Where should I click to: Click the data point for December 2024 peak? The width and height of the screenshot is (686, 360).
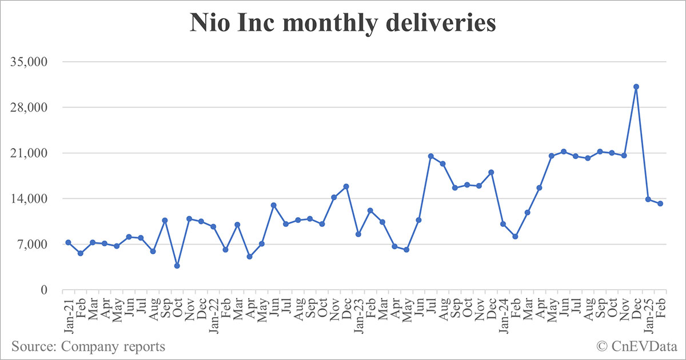tap(636, 87)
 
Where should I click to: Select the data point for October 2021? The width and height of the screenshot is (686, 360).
tap(177, 266)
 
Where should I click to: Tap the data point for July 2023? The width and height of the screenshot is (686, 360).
tap(430, 156)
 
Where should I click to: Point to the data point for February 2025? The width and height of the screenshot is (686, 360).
tap(660, 203)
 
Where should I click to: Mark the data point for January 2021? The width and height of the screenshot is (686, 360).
tap(69, 242)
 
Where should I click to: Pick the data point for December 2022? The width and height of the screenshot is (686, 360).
tap(346, 186)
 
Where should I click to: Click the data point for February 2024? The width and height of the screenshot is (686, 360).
tap(515, 236)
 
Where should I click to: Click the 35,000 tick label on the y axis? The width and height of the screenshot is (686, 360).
tap(31, 62)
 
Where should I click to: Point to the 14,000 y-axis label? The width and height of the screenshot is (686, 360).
tap(31, 199)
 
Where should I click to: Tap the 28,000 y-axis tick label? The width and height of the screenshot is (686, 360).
tap(31, 107)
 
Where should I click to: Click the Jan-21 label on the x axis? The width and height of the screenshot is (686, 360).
tap(67, 311)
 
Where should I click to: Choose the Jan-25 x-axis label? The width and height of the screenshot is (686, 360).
tap(647, 311)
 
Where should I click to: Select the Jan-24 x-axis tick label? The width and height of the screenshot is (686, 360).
tap(502, 311)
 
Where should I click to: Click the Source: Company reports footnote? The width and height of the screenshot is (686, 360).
tap(88, 346)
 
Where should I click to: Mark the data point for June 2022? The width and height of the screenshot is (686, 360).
tap(274, 205)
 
